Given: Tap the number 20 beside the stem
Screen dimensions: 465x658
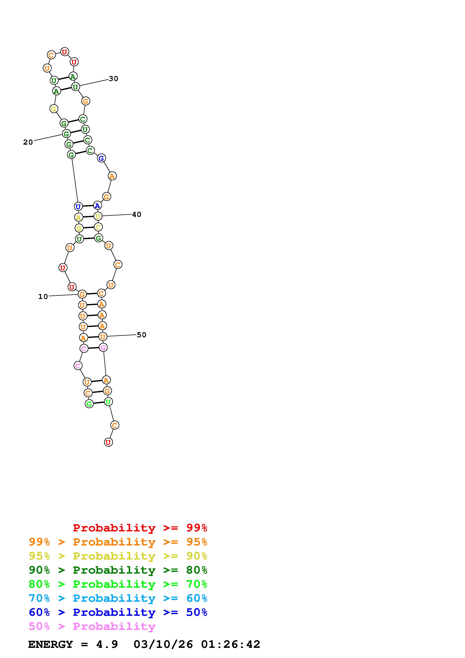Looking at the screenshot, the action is click(28, 142).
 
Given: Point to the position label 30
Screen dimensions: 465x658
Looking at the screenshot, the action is click(113, 79).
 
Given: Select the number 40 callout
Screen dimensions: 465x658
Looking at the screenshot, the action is click(137, 214).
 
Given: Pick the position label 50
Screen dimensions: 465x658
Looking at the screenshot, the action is click(142, 335).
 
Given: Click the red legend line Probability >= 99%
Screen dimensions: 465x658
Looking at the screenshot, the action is click(140, 528).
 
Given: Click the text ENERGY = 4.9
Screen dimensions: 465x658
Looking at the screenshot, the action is click(73, 644).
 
